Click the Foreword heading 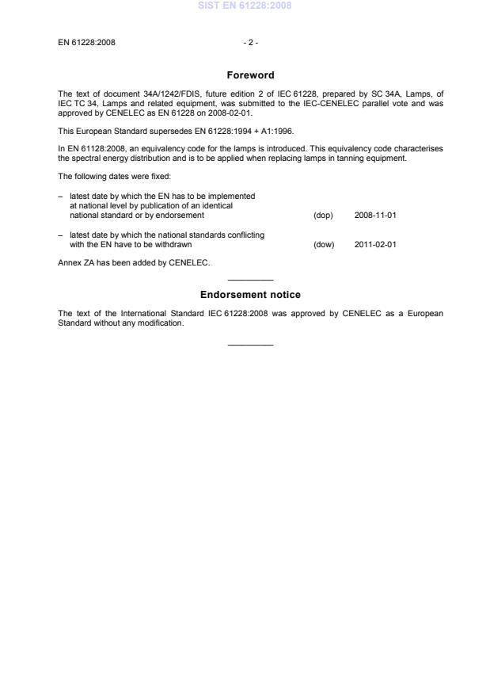click(250, 75)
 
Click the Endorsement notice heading click(250, 295)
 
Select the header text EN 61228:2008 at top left click(86, 42)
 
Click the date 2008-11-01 click(375, 216)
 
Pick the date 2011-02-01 click(375, 245)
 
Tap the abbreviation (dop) click(323, 216)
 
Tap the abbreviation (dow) click(324, 245)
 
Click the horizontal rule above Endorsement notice click(250, 280)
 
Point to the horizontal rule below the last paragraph click(250, 344)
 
